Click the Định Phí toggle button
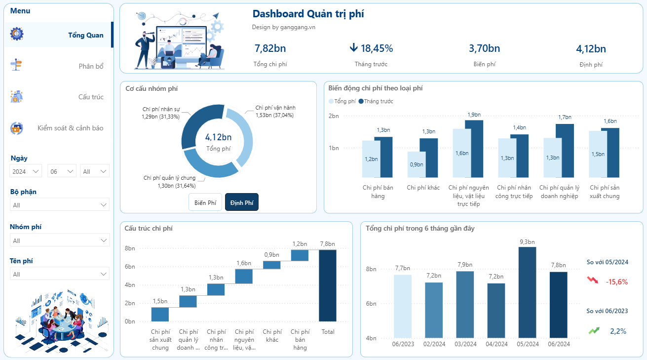point(242,202)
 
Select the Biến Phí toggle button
point(205,202)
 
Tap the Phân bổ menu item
point(91,66)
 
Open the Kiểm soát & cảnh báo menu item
point(70,128)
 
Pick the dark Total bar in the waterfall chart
point(328,285)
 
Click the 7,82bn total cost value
point(270,48)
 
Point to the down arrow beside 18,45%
point(353,47)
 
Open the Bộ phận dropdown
point(60,205)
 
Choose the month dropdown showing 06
point(62,171)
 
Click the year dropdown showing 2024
point(26,171)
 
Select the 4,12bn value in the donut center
point(218,137)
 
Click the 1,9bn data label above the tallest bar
point(474,115)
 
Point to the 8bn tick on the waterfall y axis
point(130,248)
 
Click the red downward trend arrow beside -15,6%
point(593,280)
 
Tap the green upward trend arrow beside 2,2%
point(594,330)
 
